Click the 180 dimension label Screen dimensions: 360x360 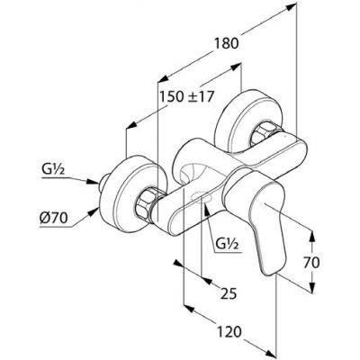pyautogui.click(x=227, y=43)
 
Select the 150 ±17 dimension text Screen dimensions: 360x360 pyautogui.click(x=186, y=96)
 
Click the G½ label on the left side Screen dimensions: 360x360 pyautogui.click(x=53, y=170)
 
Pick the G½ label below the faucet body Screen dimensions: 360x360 pyautogui.click(x=227, y=244)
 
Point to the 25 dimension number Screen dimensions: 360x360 pyautogui.click(x=229, y=293)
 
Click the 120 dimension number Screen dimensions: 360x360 pyautogui.click(x=229, y=332)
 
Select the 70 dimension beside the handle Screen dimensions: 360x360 pyautogui.click(x=311, y=263)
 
